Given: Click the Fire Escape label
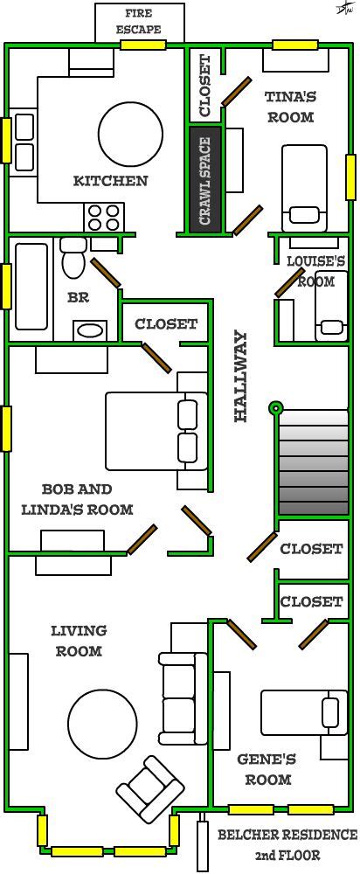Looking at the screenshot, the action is click(x=139, y=21).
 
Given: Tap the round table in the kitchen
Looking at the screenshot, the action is click(x=130, y=133).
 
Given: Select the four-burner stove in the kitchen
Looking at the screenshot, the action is click(x=104, y=217).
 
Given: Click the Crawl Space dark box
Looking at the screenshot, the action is click(x=205, y=181).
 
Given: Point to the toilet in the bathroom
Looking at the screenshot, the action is click(x=73, y=259).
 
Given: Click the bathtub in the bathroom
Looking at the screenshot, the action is click(x=31, y=287).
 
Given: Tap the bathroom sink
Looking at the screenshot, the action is click(x=90, y=330).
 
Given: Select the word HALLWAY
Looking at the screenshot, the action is click(x=240, y=376).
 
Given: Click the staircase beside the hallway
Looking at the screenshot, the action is click(x=313, y=462).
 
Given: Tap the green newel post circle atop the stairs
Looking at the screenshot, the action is click(x=275, y=408).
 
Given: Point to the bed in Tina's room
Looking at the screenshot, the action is click(x=304, y=188).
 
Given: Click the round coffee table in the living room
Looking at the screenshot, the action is click(x=102, y=724).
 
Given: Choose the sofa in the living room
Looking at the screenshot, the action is click(x=183, y=697).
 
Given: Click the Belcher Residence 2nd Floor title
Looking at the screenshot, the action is click(x=287, y=844).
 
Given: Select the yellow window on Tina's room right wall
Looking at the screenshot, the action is click(x=351, y=177).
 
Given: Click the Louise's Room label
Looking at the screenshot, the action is click(x=316, y=272).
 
